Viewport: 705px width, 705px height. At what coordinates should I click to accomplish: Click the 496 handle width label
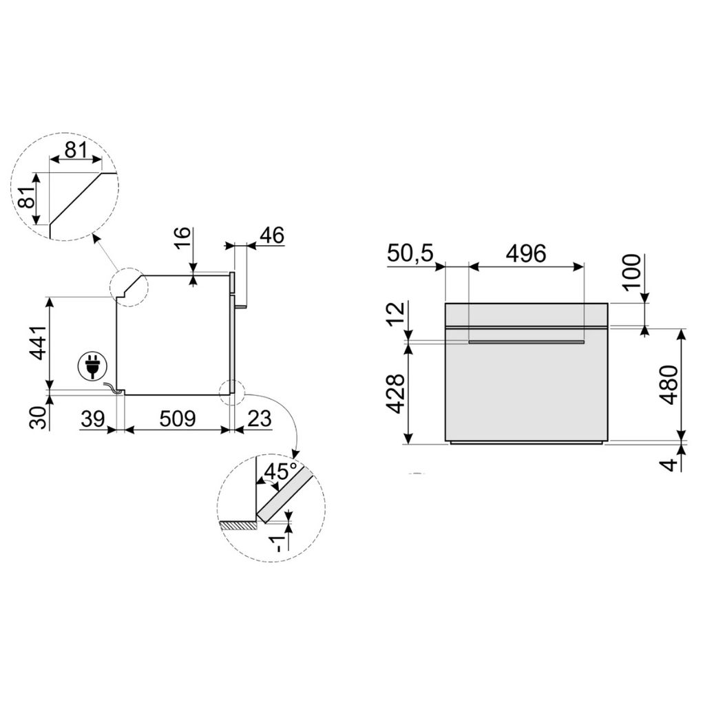click(x=525, y=253)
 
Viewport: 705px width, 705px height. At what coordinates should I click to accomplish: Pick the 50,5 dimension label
click(x=410, y=253)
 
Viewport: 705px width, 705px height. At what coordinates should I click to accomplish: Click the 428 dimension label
click(x=394, y=393)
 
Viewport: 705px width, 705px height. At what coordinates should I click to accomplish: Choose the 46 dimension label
click(x=271, y=235)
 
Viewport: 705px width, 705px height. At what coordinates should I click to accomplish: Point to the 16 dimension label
click(x=181, y=242)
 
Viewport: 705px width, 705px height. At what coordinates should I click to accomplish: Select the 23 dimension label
click(x=258, y=418)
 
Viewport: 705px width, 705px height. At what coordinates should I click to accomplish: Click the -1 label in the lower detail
click(x=277, y=543)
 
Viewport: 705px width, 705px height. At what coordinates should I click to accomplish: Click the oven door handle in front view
click(x=526, y=341)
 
